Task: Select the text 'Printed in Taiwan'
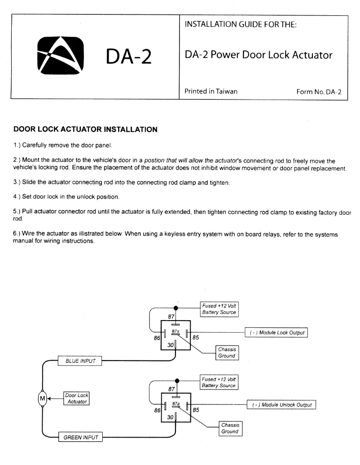click(211, 91)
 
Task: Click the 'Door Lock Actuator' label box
click(76, 398)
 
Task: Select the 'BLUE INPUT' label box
click(79, 361)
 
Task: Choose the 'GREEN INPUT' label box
click(79, 437)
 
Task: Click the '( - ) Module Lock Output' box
click(276, 333)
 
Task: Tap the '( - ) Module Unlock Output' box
click(281, 405)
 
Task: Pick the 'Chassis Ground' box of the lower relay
click(229, 428)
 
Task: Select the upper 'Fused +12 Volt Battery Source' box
click(219, 309)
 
